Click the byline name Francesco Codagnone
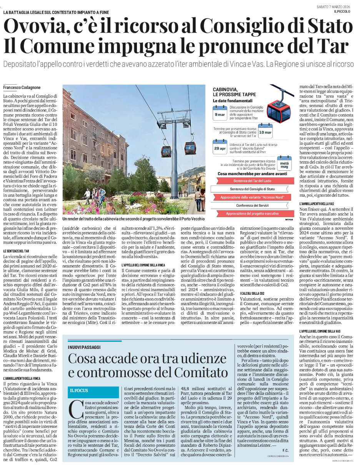click(x=21, y=88)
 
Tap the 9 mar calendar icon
click(x=220, y=114)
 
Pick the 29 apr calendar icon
click(x=220, y=148)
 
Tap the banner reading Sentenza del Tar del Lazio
click(x=252, y=181)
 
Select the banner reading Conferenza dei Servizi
click(x=252, y=205)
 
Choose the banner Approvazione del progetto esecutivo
click(x=252, y=214)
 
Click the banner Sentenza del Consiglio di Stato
click(x=252, y=189)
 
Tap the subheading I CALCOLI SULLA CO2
click(x=252, y=294)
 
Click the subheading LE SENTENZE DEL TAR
click(x=17, y=251)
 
